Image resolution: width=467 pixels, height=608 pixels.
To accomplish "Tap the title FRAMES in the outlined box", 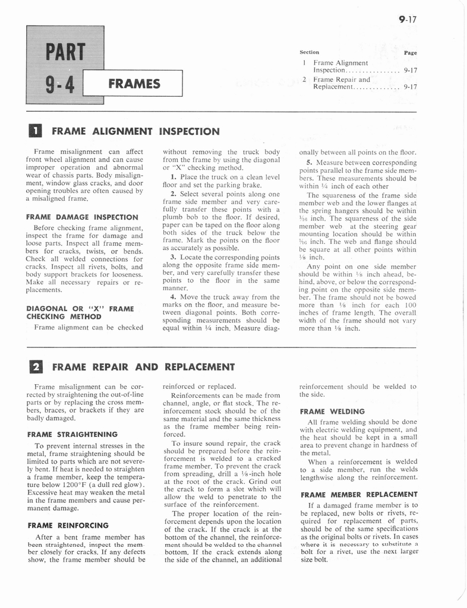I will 135,84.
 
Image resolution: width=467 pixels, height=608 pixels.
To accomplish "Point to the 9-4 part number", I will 57,88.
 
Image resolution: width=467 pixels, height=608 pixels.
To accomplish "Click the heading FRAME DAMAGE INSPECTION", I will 82,217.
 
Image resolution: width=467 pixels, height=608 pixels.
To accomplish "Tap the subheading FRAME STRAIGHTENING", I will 72,434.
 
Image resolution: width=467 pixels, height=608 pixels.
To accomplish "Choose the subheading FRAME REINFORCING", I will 68,525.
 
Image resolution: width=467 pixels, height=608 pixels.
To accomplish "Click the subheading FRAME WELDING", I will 332,411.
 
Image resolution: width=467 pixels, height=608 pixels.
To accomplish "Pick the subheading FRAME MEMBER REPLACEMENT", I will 358,494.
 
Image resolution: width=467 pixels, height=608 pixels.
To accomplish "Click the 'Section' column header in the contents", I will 310,52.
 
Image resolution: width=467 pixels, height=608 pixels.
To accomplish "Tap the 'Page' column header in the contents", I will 410,52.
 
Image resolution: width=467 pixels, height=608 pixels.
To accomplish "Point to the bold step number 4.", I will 172,296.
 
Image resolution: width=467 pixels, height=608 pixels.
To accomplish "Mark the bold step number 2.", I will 172,194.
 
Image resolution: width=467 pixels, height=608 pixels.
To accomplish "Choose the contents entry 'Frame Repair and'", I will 342,79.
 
